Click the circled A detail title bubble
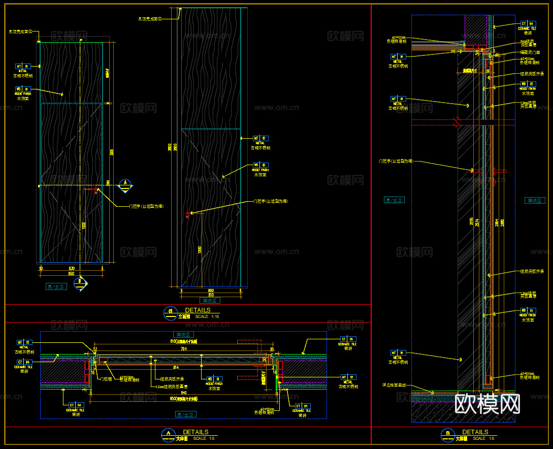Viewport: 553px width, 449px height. click(x=168, y=435)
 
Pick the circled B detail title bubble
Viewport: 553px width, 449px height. click(x=447, y=435)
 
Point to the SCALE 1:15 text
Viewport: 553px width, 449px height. click(x=207, y=316)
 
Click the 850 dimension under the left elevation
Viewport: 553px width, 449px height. click(x=72, y=274)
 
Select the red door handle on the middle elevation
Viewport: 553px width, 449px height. click(x=188, y=214)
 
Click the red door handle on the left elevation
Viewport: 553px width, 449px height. click(x=96, y=190)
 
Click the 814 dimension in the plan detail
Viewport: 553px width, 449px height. click(x=175, y=367)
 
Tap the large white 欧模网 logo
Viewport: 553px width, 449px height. click(x=487, y=404)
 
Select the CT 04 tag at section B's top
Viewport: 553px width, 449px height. click(x=528, y=24)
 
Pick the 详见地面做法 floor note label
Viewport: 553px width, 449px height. click(x=394, y=385)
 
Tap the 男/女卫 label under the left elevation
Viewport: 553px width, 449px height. click(x=56, y=287)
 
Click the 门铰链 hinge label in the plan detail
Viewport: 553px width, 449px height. click(x=106, y=379)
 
